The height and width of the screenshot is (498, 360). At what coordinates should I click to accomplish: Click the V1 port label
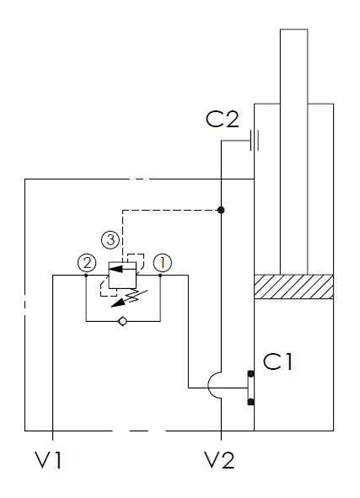click(x=48, y=459)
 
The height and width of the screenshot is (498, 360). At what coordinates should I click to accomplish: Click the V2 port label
click(x=219, y=459)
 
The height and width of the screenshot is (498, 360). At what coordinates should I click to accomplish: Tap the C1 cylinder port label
click(x=277, y=361)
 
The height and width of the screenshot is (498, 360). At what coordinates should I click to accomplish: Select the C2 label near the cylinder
click(x=222, y=119)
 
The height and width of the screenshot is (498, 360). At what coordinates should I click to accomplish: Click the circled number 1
click(x=163, y=263)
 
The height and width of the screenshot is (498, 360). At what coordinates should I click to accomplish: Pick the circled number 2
click(x=87, y=263)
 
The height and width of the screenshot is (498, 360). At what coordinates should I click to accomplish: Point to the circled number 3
click(x=110, y=239)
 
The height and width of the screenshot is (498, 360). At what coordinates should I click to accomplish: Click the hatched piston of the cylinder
click(x=293, y=286)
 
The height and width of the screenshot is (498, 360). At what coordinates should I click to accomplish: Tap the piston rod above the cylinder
click(x=293, y=152)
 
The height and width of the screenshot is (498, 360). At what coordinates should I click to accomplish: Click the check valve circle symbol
click(x=122, y=321)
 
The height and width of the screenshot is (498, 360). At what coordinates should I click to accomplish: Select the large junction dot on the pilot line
click(x=221, y=210)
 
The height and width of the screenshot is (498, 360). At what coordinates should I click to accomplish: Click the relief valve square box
click(x=122, y=275)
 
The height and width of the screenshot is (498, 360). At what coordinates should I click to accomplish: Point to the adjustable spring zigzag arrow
click(x=130, y=298)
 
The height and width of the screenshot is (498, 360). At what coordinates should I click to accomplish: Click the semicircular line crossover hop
click(x=208, y=385)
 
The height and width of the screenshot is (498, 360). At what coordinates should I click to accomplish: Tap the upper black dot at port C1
click(x=250, y=374)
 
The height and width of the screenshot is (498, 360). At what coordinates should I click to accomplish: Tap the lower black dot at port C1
click(x=250, y=402)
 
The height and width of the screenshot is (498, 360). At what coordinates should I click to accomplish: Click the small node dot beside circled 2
click(x=86, y=276)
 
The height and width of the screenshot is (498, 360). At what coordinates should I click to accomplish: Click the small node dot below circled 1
click(x=160, y=276)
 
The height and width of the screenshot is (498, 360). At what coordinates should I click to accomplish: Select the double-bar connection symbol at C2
click(x=255, y=140)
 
